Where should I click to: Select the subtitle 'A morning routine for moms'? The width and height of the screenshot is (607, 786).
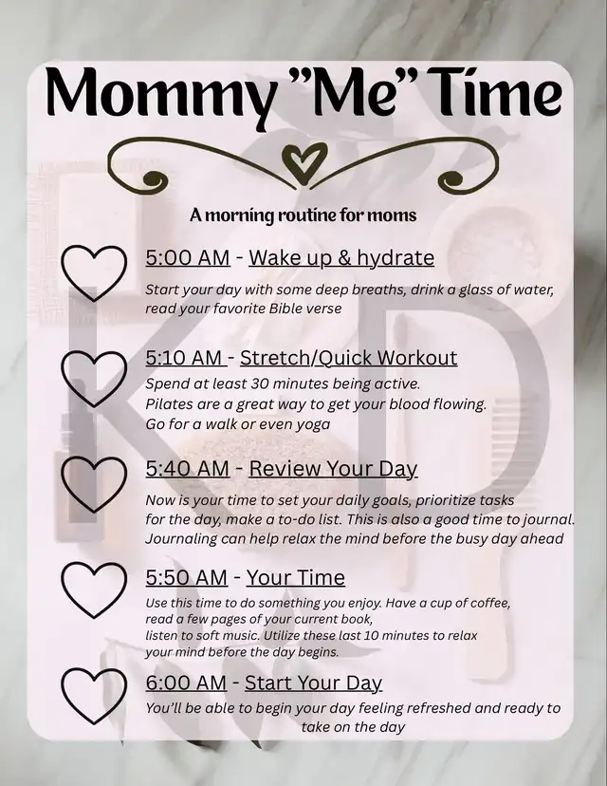point(303,215)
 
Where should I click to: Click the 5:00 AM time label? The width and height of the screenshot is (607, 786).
point(188,257)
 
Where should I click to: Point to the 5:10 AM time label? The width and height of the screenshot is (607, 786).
point(186,358)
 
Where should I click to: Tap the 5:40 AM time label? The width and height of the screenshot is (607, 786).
point(187,468)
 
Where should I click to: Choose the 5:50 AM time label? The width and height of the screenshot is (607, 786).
point(186,577)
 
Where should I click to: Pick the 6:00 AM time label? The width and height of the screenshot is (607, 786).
point(187,683)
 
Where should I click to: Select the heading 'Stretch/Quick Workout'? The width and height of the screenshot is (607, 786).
point(348,358)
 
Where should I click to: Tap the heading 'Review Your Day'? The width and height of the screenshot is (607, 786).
point(333,468)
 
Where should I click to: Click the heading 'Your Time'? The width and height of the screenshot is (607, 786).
point(295,577)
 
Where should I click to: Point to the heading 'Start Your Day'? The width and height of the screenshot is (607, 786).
point(313,683)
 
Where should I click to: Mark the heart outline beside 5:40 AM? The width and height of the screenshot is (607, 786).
point(93,483)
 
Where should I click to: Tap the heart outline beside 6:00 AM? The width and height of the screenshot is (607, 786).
point(93,696)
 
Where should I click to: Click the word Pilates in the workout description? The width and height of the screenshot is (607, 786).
point(171,403)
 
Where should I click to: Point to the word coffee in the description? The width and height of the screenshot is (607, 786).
point(485,604)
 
